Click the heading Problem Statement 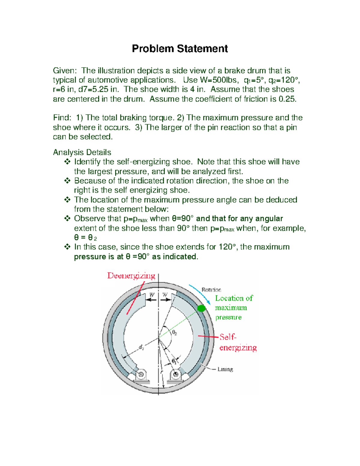pyautogui.click(x=180, y=49)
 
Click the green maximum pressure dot pyautogui.click(x=201, y=308)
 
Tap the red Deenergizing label pyautogui.click(x=131, y=276)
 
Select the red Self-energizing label pyautogui.click(x=238, y=342)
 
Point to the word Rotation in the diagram pyautogui.click(x=211, y=290)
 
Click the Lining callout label pyautogui.click(x=225, y=369)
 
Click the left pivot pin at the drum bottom pyautogui.click(x=141, y=374)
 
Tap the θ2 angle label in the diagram pyautogui.click(x=174, y=332)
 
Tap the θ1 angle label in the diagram pyautogui.click(x=174, y=361)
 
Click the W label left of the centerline pyautogui.click(x=152, y=295)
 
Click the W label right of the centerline pyautogui.click(x=165, y=295)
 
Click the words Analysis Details pyautogui.click(x=82, y=152)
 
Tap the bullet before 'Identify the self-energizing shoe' pyautogui.click(x=67, y=162)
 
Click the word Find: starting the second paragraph pyautogui.click(x=62, y=118)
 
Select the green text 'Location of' pyautogui.click(x=234, y=298)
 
